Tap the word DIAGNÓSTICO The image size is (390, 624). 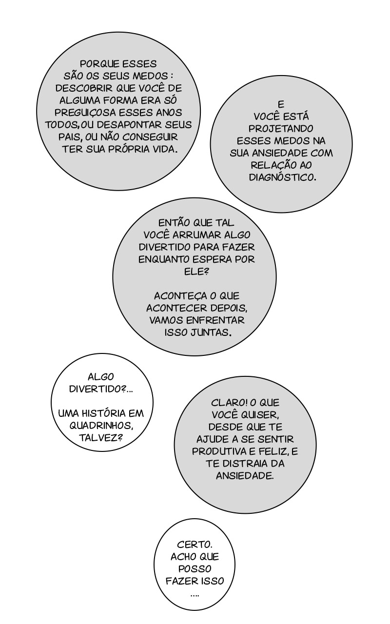point(282,177)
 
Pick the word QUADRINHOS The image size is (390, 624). point(101,425)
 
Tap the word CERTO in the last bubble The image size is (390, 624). point(195,544)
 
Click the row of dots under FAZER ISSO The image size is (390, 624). point(195,595)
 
